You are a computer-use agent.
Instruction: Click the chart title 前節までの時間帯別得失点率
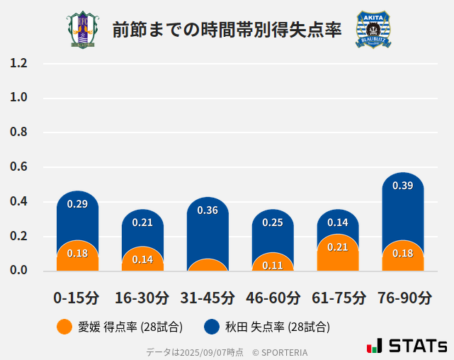[x=227, y=30]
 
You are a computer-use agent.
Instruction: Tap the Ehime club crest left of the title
[x=83, y=30]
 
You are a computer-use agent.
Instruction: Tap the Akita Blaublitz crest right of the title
[x=373, y=30]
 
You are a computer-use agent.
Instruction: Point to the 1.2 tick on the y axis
[x=18, y=63]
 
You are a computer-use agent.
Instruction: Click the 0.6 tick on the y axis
[x=18, y=167]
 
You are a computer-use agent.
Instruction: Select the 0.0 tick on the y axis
[x=18, y=271]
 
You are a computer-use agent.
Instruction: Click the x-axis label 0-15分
[x=77, y=298]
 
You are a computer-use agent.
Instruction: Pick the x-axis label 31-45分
[x=208, y=298]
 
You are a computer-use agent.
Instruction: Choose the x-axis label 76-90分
[x=403, y=298]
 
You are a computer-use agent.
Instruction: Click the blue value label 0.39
[x=402, y=186]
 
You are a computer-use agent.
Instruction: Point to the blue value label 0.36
[x=208, y=210]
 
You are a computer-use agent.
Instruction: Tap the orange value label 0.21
[x=338, y=247]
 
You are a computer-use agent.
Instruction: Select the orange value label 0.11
[x=273, y=265]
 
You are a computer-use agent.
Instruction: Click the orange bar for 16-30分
[x=142, y=260]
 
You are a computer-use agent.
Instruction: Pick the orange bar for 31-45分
[x=208, y=266]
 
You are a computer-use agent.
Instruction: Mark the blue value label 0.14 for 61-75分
[x=338, y=222]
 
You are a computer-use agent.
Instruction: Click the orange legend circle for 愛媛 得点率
[x=64, y=327]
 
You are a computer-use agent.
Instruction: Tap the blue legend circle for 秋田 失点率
[x=211, y=327]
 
